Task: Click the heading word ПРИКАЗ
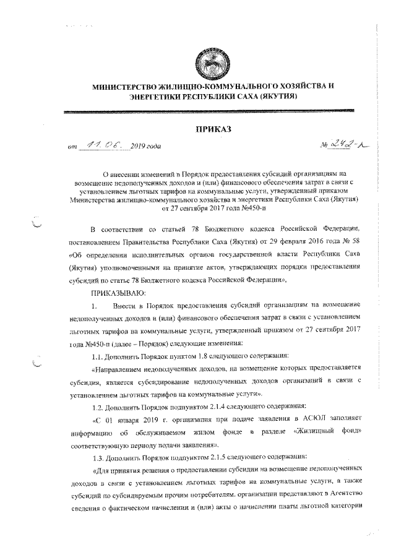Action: [x=213, y=129]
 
